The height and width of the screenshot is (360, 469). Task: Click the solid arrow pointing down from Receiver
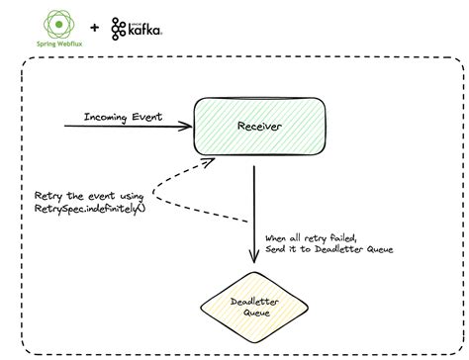click(255, 208)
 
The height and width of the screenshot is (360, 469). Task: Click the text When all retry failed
click(315, 237)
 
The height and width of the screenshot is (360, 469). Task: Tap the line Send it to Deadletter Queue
click(329, 249)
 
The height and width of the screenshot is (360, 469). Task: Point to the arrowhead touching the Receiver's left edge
click(186, 127)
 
